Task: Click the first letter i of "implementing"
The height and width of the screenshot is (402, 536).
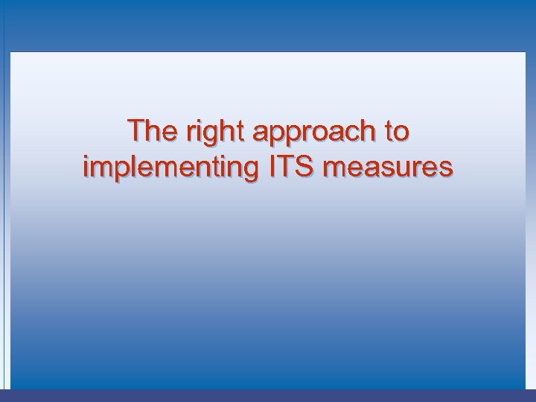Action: point(86,166)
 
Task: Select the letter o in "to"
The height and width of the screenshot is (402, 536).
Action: point(401,133)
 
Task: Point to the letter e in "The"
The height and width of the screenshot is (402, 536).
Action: point(167,133)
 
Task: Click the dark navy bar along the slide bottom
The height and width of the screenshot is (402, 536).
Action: point(268,395)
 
